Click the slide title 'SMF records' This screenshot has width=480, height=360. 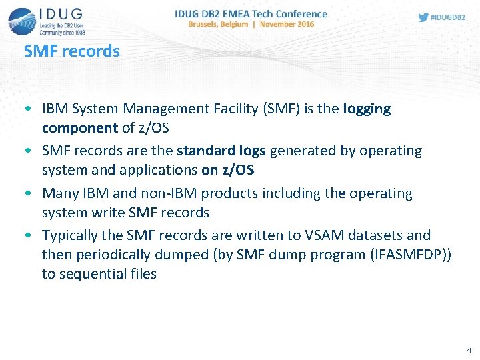coord(72,51)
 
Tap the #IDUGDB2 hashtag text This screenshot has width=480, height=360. coord(448,17)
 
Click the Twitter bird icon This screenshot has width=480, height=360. coord(423,17)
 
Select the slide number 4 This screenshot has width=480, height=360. coord(469,349)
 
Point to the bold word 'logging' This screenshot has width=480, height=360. coord(367,109)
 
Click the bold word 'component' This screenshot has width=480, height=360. coord(79,128)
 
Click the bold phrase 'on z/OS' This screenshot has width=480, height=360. coord(227,170)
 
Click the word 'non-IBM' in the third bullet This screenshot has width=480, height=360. coord(161,193)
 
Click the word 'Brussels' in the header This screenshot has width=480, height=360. coord(209,24)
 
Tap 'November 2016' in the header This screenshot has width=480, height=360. coord(287,24)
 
